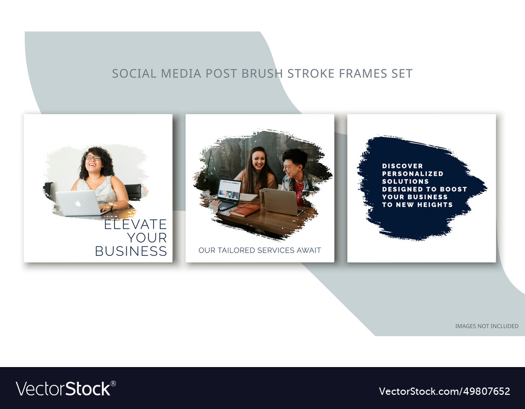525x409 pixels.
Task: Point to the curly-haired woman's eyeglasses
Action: coord(93,157)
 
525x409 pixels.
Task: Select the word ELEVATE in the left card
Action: coord(135,224)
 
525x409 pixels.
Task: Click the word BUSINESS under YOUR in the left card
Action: coord(131,251)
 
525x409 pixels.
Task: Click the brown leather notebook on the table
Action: coord(245,210)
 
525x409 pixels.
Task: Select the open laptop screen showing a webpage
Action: coord(229,190)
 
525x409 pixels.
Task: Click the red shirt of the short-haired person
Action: coord(299,189)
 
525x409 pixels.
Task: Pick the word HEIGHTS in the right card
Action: coord(435,204)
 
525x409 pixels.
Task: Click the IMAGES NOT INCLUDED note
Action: coord(487,326)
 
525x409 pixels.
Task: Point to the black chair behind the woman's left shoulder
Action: coord(133,191)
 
